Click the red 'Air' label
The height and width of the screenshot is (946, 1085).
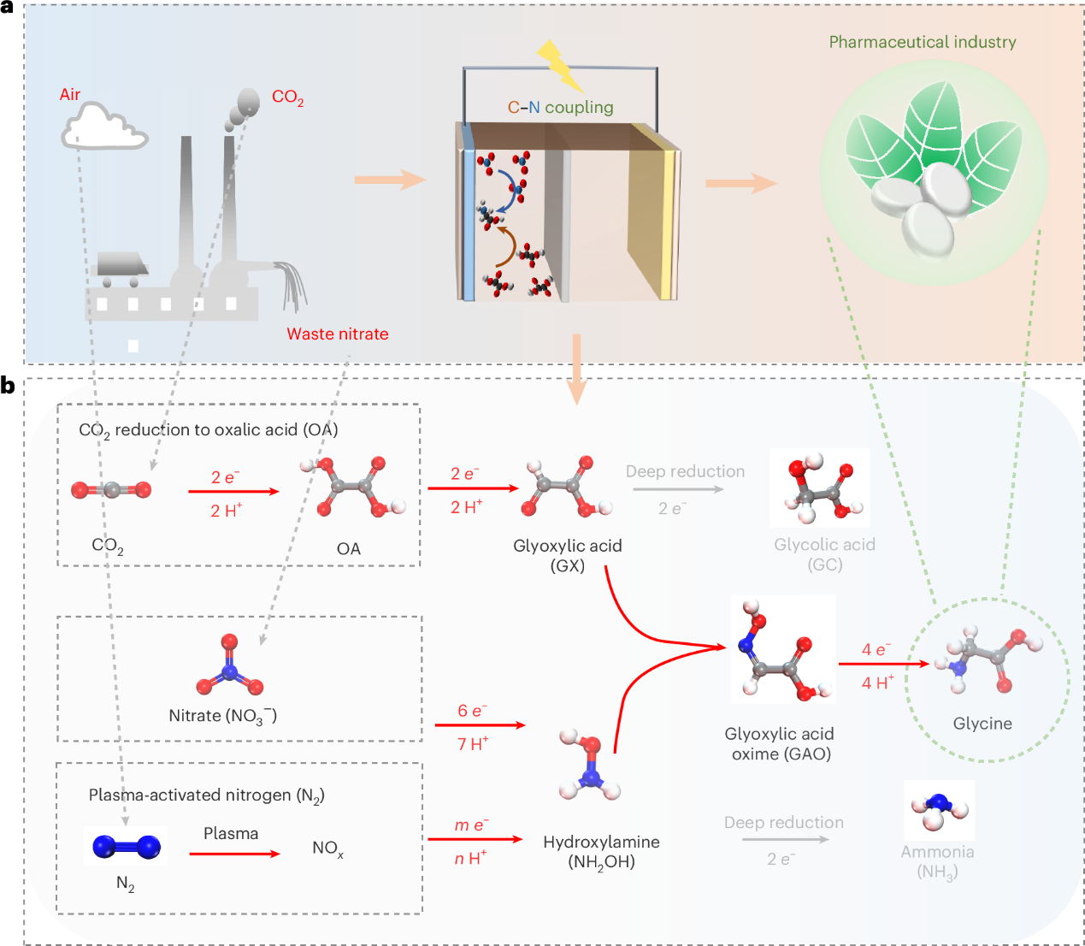pos(70,94)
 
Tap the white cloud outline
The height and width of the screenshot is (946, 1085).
pos(104,127)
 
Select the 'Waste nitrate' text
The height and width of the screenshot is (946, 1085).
pos(337,334)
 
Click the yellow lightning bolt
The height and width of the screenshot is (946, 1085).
pos(560,65)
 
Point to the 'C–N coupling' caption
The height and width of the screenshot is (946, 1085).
pos(561,107)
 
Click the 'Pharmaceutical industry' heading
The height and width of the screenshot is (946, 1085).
pos(922,42)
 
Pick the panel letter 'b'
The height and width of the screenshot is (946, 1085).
pos(8,385)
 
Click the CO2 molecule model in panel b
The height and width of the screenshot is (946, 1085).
pos(111,490)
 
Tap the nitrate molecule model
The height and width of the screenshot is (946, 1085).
pos(229,665)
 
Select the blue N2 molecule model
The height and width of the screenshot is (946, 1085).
pos(127,847)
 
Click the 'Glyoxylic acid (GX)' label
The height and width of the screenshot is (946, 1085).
pos(568,555)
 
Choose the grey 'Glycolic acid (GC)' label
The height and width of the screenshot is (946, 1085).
pos(824,554)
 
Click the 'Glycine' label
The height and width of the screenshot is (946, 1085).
pos(982,724)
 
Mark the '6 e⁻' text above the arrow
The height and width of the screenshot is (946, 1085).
pos(472,711)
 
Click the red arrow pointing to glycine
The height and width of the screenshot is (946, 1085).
pos(884,663)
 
